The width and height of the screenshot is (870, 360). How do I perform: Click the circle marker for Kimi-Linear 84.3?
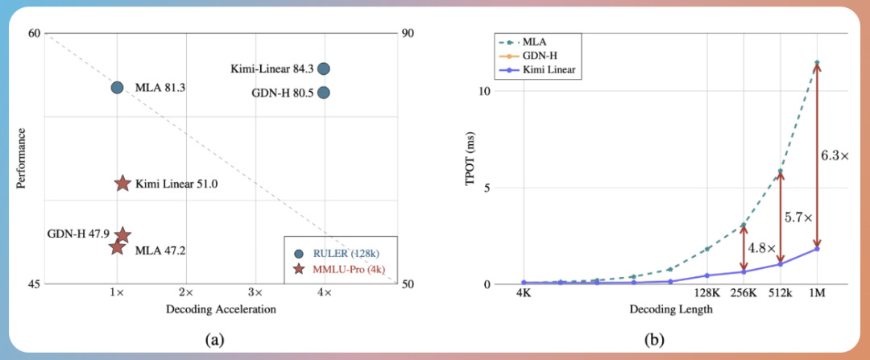pyautogui.click(x=324, y=69)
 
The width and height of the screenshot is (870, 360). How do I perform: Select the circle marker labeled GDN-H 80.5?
pyautogui.click(x=324, y=92)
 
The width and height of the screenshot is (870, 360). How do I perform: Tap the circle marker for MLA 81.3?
pyautogui.click(x=117, y=87)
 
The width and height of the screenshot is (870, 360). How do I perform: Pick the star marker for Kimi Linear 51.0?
pyautogui.click(x=122, y=184)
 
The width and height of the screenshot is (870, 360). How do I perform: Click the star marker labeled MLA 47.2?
pyautogui.click(x=117, y=246)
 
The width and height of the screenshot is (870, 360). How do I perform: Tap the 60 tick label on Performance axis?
pyautogui.click(x=33, y=33)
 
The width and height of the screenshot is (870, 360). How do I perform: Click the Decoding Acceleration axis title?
pyautogui.click(x=221, y=309)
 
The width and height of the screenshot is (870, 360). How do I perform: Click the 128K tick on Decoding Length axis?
pyautogui.click(x=706, y=296)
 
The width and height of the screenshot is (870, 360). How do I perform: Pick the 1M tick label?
pyautogui.click(x=817, y=296)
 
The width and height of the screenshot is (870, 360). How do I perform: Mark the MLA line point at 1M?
pyautogui.click(x=817, y=62)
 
